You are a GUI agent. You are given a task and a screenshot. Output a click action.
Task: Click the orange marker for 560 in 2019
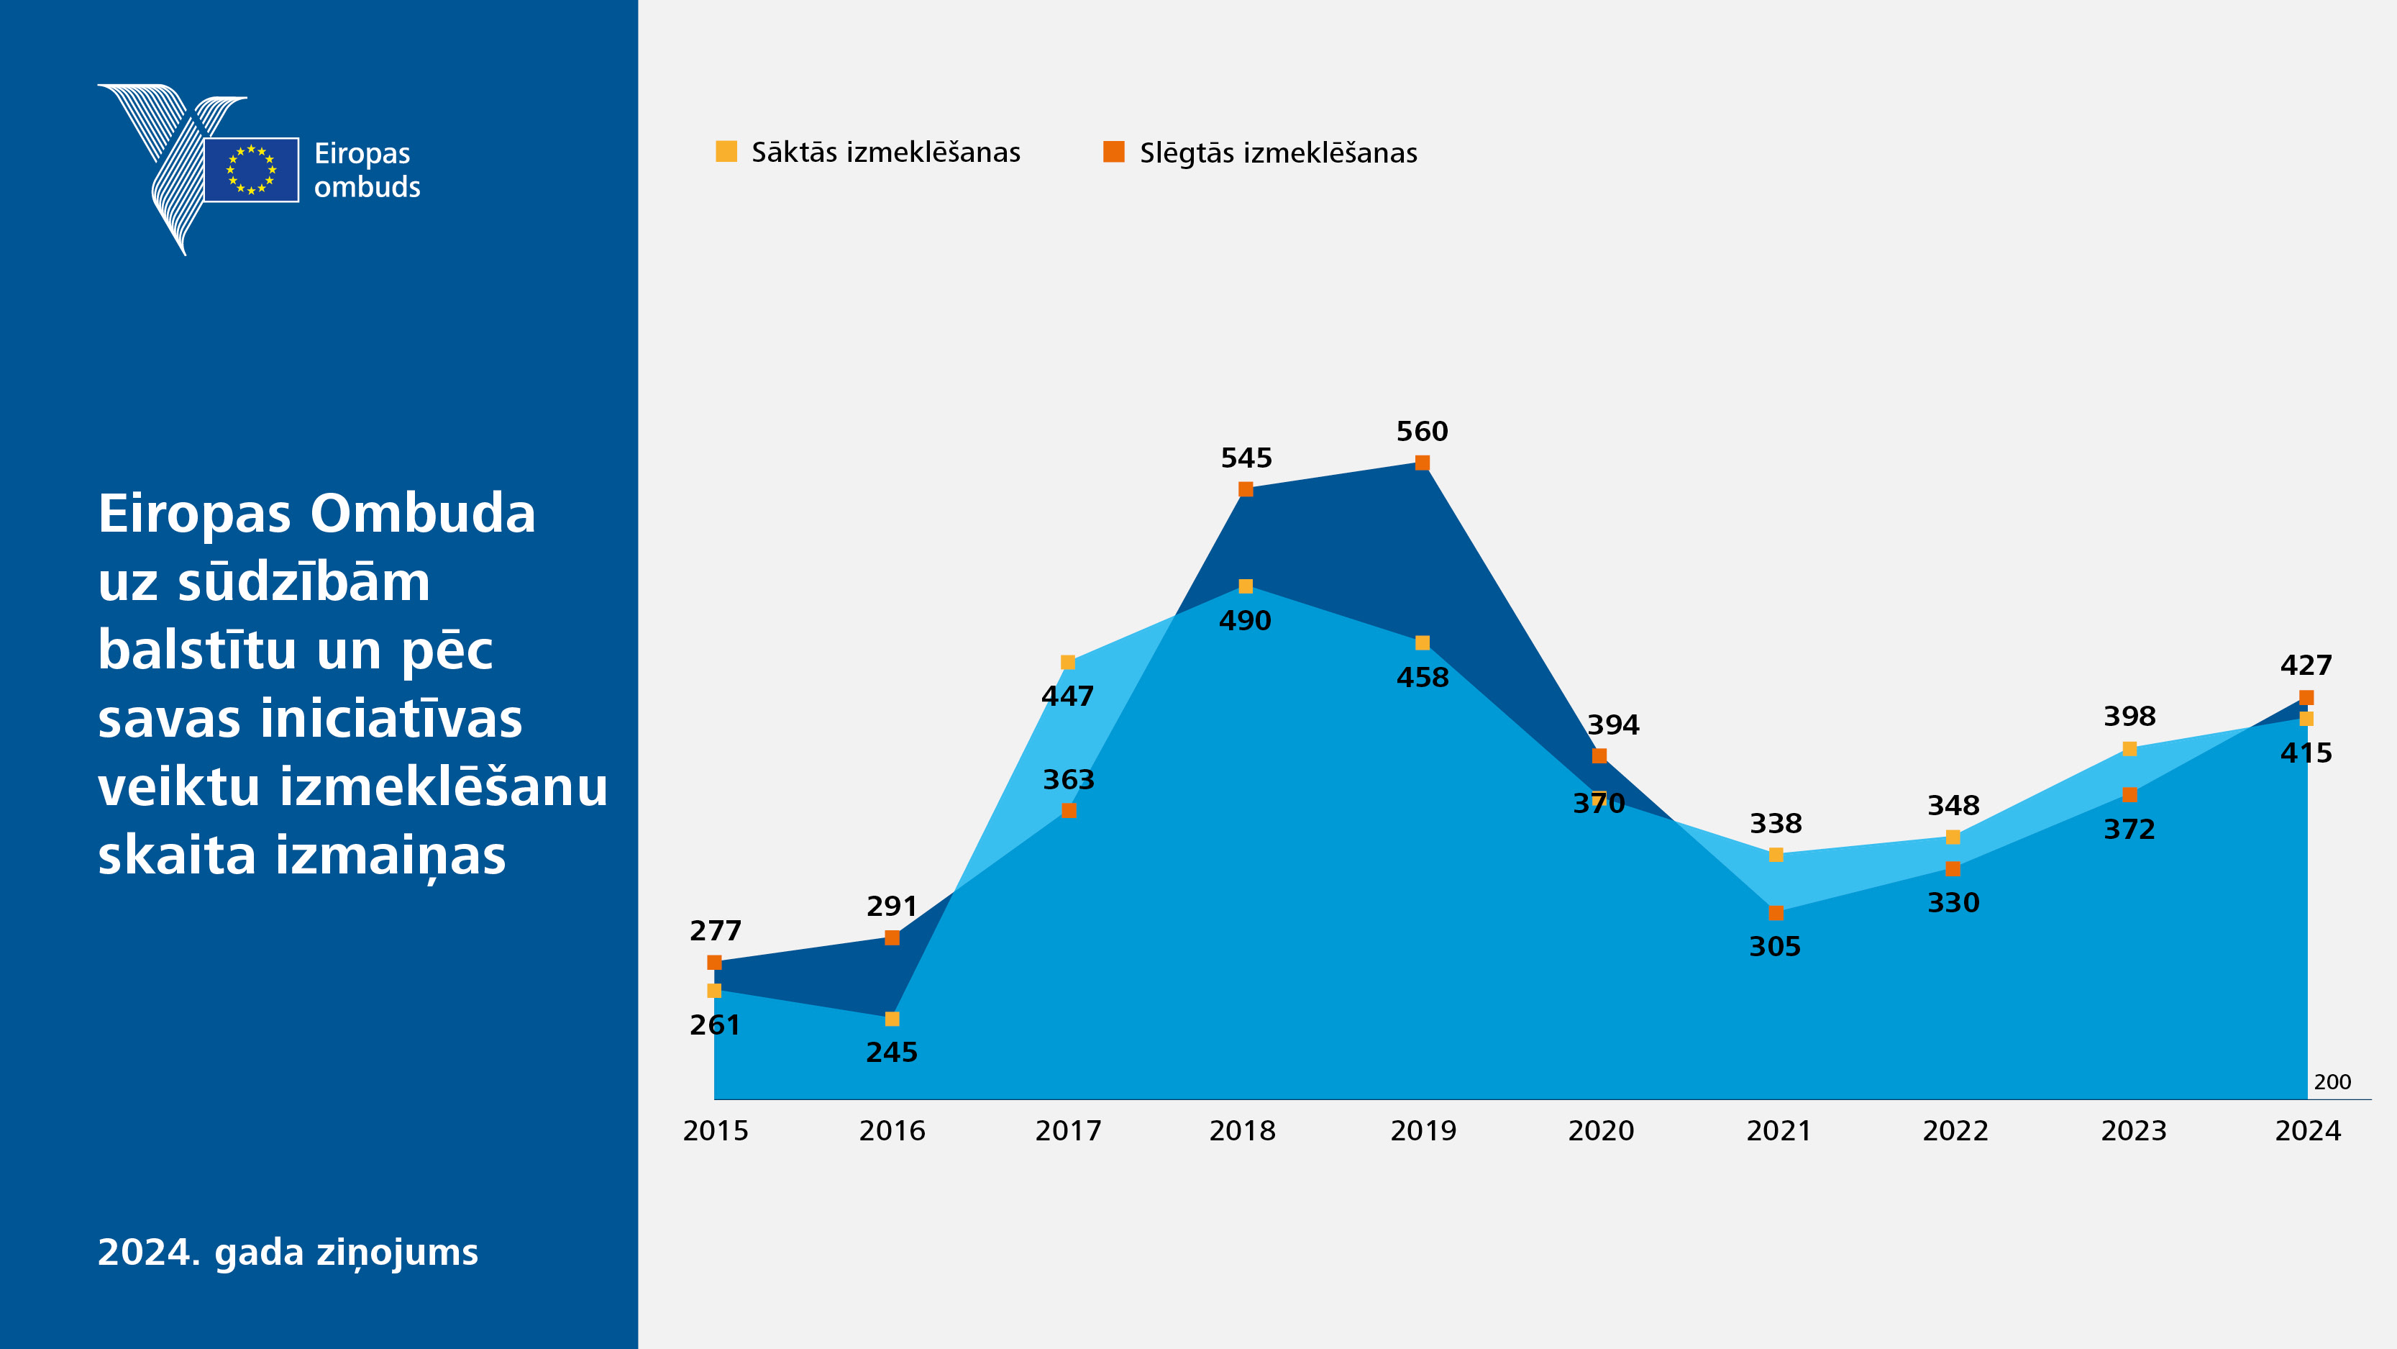(x=1422, y=463)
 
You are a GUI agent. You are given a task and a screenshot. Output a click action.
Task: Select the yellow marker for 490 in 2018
(x=1245, y=586)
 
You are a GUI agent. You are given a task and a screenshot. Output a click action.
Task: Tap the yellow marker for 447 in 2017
(x=1068, y=662)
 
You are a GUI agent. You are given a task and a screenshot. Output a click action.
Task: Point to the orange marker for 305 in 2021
(x=1776, y=912)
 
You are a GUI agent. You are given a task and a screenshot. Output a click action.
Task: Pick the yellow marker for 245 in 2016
(x=892, y=1019)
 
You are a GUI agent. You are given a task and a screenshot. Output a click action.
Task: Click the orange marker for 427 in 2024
(x=2306, y=697)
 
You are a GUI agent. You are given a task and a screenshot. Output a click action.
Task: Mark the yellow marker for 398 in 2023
(x=2129, y=748)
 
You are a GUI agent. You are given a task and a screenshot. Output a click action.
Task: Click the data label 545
(x=1246, y=458)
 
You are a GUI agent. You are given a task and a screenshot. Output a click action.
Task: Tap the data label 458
(x=1422, y=677)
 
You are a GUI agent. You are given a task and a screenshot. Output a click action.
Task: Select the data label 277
(x=716, y=930)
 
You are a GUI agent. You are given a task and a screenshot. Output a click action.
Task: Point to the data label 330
(x=1953, y=902)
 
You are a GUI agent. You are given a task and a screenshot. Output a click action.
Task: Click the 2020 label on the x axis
(x=1600, y=1130)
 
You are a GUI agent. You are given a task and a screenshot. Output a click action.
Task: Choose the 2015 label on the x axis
(x=716, y=1130)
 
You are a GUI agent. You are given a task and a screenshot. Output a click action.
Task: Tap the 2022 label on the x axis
(x=1955, y=1130)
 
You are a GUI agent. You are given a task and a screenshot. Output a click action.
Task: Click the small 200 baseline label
(x=2332, y=1082)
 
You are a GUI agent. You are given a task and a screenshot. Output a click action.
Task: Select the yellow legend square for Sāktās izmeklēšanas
(x=726, y=151)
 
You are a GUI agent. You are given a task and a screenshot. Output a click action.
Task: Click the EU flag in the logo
(x=251, y=170)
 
